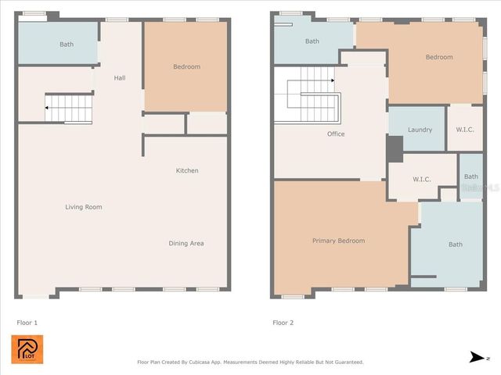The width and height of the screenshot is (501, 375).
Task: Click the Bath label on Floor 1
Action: tap(67, 45)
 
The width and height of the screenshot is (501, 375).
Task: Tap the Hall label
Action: tap(120, 77)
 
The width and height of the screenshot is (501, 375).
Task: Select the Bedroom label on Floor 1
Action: tap(186, 67)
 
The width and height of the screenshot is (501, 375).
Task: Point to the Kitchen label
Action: tap(186, 170)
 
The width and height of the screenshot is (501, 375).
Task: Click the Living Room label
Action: tap(83, 207)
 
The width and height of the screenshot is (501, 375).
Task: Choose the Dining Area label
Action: tap(186, 243)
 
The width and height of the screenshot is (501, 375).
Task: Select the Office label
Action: tap(336, 134)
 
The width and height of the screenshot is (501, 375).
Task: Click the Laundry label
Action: tap(420, 130)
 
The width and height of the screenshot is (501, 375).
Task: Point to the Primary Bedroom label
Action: tap(338, 241)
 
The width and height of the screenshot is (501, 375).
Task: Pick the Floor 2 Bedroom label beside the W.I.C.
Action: tap(439, 57)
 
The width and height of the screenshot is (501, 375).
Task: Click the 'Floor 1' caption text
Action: tap(27, 322)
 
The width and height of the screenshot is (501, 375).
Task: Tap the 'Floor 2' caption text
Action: tap(283, 322)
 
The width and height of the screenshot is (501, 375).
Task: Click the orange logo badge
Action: tap(27, 349)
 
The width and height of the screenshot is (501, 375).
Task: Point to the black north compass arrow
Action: tap(475, 357)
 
